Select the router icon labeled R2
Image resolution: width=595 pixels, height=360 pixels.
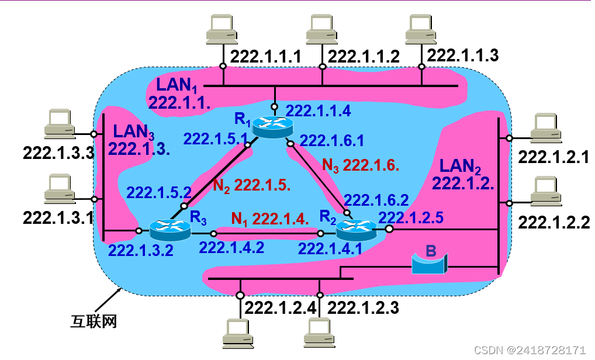coord(356,229)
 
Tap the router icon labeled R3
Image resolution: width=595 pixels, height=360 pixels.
coord(170,229)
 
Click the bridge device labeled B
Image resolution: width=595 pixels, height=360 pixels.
coord(428,264)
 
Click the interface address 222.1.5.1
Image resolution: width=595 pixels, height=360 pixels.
coord(216,139)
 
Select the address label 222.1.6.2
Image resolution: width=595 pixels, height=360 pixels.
coord(376,200)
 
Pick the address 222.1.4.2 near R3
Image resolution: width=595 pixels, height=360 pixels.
coord(231,247)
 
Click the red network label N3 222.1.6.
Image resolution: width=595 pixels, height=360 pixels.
coord(361,165)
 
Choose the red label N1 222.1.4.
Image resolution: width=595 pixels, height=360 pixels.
coord(269,219)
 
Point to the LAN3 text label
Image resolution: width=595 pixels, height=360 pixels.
coord(134,130)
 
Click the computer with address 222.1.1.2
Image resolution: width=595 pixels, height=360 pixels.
coord(321,28)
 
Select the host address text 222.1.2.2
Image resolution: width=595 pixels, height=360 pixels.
coord(554,223)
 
